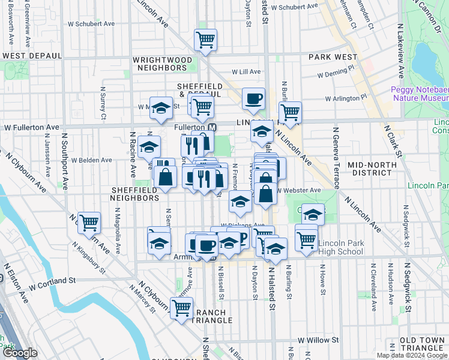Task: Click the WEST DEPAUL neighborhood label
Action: (32, 56)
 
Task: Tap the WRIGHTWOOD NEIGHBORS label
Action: (162, 64)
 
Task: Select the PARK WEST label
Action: (333, 57)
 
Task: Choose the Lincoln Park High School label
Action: (340, 247)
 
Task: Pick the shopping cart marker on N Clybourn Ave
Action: (89, 223)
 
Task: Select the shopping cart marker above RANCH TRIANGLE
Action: (181, 308)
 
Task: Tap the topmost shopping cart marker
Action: (205, 40)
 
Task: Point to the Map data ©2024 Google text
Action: (411, 355)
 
